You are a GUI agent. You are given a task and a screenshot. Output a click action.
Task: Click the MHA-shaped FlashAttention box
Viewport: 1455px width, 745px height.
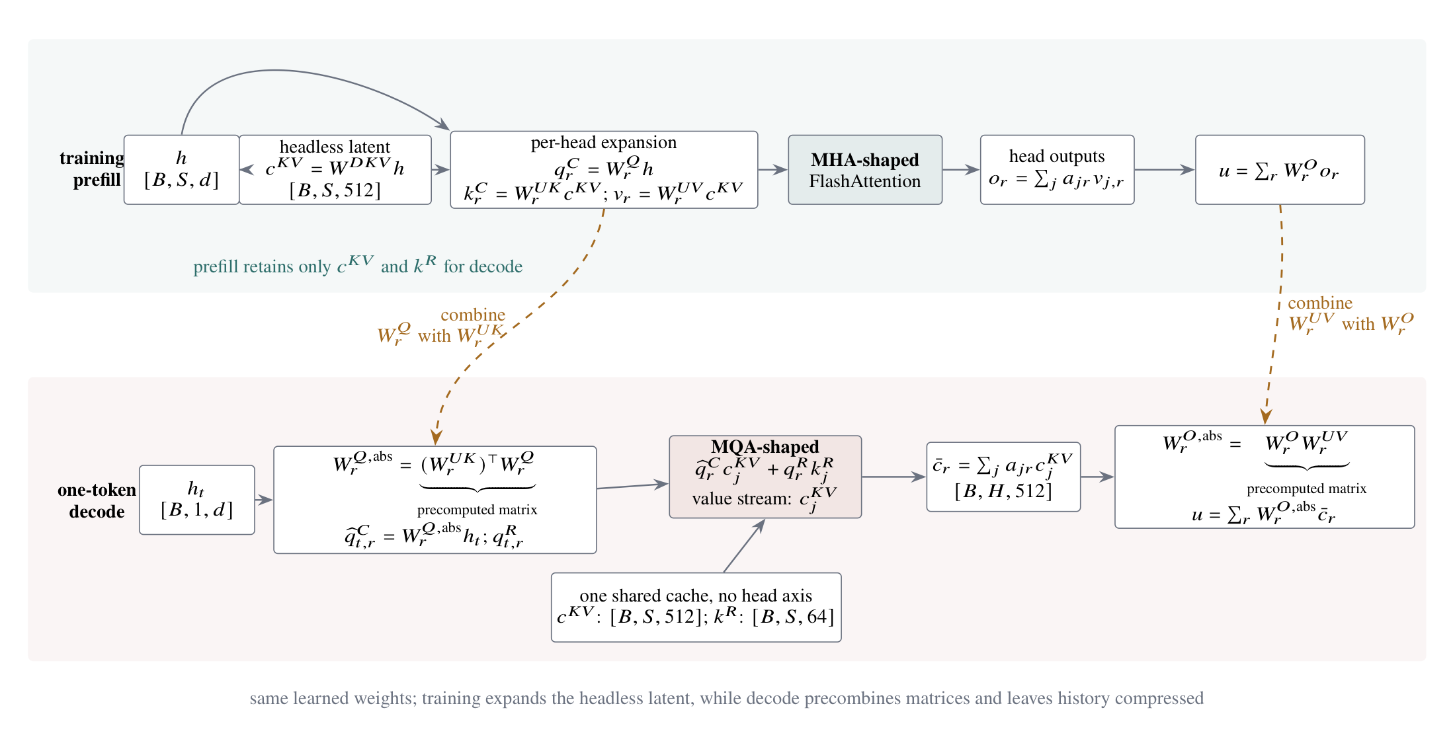point(865,170)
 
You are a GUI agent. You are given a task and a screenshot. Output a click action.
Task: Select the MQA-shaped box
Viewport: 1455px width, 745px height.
point(765,477)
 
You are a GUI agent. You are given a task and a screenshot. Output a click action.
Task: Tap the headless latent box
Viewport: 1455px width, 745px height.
point(335,170)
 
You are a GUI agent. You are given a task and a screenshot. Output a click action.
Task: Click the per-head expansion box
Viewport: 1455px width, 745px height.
point(604,170)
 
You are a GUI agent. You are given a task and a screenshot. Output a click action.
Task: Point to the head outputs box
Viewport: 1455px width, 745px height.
point(1057,170)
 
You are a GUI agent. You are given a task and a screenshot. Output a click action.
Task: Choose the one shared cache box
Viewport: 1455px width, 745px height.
point(696,607)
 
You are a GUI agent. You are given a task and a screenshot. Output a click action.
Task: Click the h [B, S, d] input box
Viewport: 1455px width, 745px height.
point(181,170)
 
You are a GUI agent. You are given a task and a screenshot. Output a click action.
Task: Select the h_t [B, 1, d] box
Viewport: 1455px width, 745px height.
point(197,500)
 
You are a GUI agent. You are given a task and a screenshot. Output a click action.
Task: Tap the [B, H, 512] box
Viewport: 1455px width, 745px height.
point(1003,477)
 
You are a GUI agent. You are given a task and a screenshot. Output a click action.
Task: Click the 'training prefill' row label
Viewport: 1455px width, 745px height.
point(91,169)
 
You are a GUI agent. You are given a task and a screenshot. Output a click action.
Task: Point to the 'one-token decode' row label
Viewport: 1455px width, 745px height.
point(97,500)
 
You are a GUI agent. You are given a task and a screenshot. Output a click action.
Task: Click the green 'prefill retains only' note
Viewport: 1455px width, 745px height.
point(358,265)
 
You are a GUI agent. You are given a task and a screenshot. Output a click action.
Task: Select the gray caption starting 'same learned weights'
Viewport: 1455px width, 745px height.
point(727,698)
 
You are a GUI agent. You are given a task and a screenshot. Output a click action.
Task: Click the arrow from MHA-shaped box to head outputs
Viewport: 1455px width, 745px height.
point(961,170)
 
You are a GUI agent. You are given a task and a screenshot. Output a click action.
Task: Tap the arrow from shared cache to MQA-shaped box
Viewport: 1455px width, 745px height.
point(745,545)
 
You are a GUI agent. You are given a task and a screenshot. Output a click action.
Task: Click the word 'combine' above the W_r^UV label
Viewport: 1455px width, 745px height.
point(1320,303)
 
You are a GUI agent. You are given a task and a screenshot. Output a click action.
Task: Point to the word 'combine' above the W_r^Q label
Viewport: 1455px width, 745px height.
point(473,315)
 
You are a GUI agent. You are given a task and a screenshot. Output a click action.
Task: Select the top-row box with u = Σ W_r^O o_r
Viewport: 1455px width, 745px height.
point(1280,170)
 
